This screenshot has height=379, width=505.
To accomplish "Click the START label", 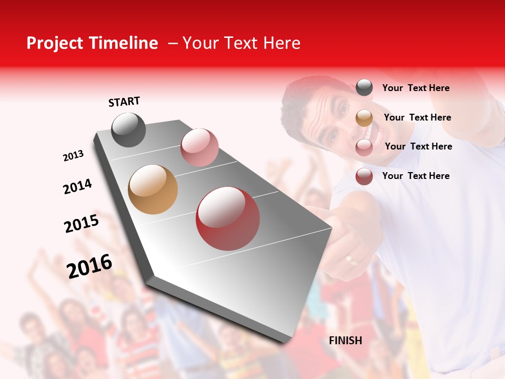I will pyautogui.click(x=124, y=102).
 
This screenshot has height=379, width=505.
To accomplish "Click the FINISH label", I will pyautogui.click(x=345, y=341).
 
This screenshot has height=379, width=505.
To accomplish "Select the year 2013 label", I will pyautogui.click(x=73, y=156).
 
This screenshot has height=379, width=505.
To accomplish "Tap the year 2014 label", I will pyautogui.click(x=77, y=186).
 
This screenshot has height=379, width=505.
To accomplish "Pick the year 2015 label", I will pyautogui.click(x=82, y=224).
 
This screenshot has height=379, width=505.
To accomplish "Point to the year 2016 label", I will pyautogui.click(x=89, y=266).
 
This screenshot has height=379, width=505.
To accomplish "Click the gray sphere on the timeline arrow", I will pyautogui.click(x=128, y=129).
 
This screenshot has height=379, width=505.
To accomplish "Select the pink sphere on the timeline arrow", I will pyautogui.click(x=199, y=147).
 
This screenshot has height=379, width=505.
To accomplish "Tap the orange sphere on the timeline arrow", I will pyautogui.click(x=153, y=189).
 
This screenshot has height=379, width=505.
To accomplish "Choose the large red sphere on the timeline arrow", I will pyautogui.click(x=228, y=218).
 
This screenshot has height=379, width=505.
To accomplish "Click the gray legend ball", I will pyautogui.click(x=364, y=87).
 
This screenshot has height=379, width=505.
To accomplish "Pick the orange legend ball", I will pyautogui.click(x=364, y=118).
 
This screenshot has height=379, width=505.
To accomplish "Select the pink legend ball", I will pyautogui.click(x=364, y=147).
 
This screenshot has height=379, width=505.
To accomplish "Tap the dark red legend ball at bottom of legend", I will pyautogui.click(x=364, y=176).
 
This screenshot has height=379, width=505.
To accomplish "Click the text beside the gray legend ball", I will pyautogui.click(x=416, y=88).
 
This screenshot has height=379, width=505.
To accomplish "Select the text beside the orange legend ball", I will pyautogui.click(x=417, y=117).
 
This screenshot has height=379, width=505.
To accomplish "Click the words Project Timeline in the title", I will pyautogui.click(x=92, y=43).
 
